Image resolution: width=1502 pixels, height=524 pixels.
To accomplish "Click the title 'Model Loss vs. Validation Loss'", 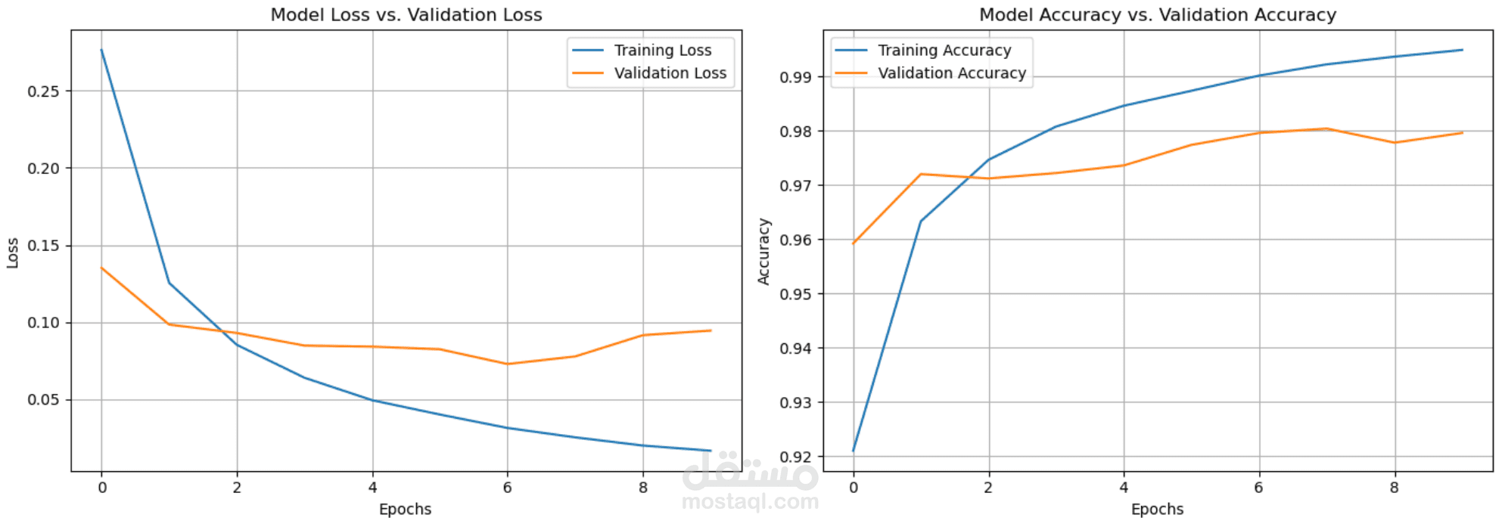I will [406, 15].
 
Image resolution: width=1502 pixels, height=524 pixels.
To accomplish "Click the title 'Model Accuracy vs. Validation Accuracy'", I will [1157, 15].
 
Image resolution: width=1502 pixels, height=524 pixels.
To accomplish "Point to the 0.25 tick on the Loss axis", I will [43, 91].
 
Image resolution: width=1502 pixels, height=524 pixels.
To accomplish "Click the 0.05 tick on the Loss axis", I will [43, 400].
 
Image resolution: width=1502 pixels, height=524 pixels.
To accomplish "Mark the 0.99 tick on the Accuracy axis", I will [795, 77].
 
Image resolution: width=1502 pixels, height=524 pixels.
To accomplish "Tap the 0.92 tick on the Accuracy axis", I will [795, 457].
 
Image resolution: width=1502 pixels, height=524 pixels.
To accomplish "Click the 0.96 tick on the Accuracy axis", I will [795, 240].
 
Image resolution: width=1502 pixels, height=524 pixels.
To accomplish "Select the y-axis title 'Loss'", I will [13, 253].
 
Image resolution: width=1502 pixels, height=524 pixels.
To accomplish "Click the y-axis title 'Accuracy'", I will [764, 252].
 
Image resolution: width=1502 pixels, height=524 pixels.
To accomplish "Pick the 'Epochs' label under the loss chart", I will [405, 510].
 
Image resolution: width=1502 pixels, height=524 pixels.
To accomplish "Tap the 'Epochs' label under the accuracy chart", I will [1157, 510].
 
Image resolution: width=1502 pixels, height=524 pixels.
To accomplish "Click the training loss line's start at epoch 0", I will [101, 50].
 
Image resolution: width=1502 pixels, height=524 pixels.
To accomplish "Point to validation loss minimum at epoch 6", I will [508, 364].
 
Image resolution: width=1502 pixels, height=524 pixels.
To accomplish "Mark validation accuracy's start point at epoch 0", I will [854, 243].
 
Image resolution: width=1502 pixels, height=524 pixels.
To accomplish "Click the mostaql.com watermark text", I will [750, 501].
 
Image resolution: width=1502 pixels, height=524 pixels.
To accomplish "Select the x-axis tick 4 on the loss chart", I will [372, 488].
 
